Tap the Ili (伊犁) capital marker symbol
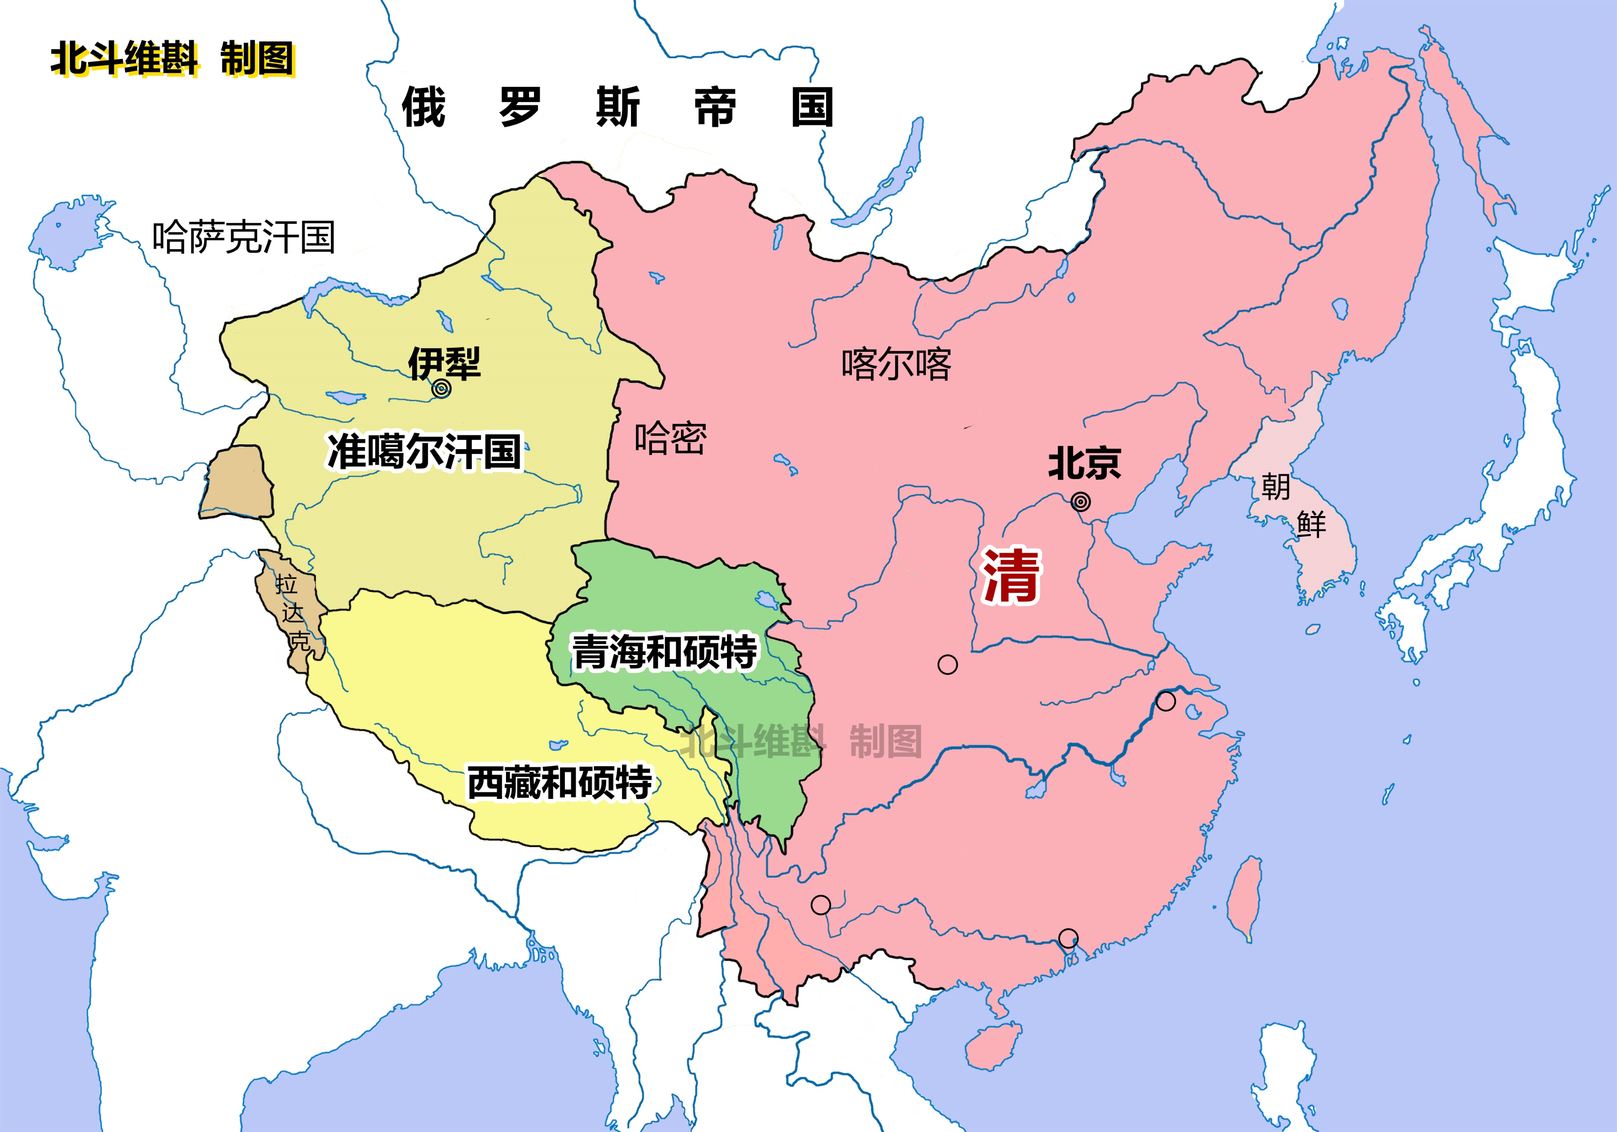coord(441,388)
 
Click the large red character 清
coord(1011,575)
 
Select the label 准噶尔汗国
coord(425,452)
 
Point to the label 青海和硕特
coord(664,651)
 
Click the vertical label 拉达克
coord(292,611)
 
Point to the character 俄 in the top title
coord(423,107)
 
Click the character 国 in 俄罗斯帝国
coord(812,107)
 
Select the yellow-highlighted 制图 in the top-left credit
coord(257,59)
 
